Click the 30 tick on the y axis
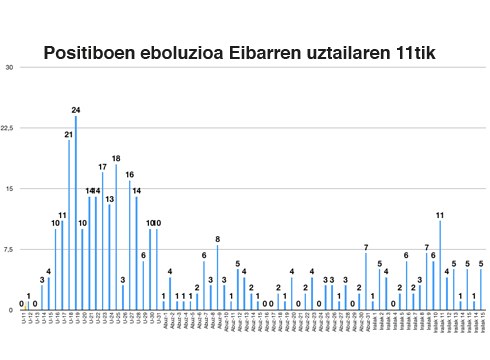pos(9,67)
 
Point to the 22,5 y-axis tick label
pos(8,128)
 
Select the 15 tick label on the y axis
pos(9,188)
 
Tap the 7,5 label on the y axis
pos(8,249)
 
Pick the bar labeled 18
pos(116,236)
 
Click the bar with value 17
pos(102,240)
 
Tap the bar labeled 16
pos(130,244)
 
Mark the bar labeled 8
pos(217,276)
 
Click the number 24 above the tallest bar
pos(76,109)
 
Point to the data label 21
pos(69,133)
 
